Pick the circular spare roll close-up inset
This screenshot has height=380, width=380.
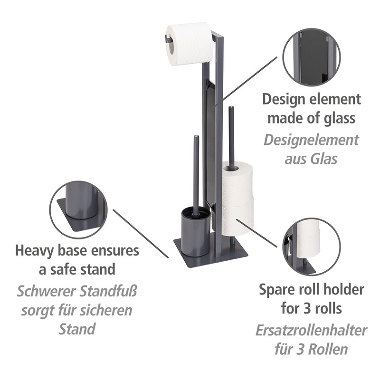pos(312,247)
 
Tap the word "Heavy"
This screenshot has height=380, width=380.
pos(34,251)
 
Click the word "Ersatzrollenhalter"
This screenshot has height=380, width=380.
pos(311,330)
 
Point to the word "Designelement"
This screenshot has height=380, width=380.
pos(311,140)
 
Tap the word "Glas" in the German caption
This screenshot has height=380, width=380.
pos(324,159)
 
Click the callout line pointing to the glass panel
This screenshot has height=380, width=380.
pos(246,82)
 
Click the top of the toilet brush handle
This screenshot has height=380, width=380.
pos(196,137)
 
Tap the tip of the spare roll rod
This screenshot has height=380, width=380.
pos(231,107)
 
